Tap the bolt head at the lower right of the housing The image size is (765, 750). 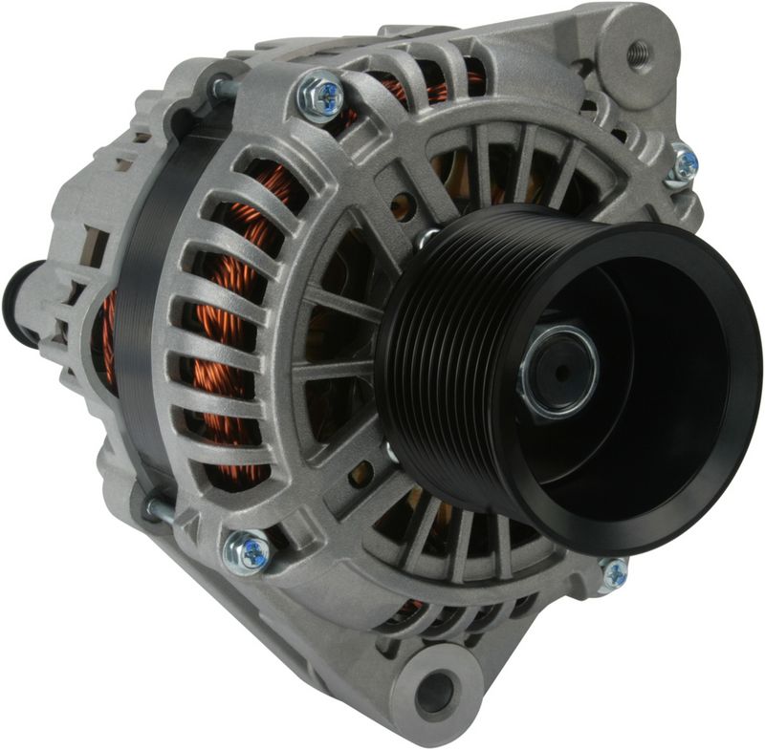[614, 573]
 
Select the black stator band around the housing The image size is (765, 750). [143, 315]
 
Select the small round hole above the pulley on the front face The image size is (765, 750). [409, 203]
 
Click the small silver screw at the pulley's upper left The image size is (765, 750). [427, 237]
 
